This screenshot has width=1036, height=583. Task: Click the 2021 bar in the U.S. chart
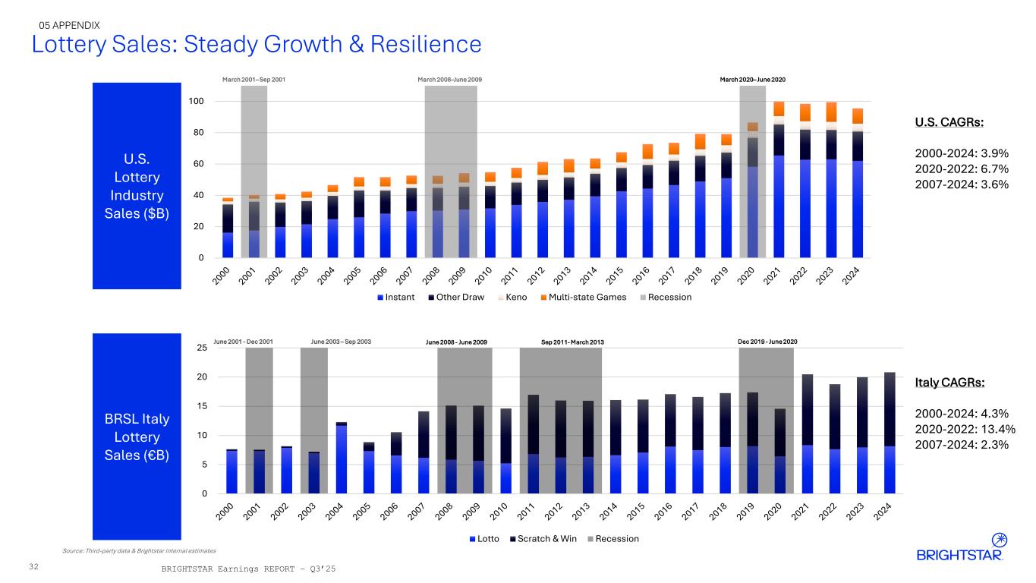tap(779, 182)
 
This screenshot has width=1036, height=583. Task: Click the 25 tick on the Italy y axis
tap(201, 348)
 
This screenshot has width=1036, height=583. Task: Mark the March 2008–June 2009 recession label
tap(450, 80)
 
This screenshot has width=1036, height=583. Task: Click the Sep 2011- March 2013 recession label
tap(572, 342)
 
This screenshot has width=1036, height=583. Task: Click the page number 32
tap(33, 566)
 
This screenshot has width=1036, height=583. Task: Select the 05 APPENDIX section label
tap(70, 25)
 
